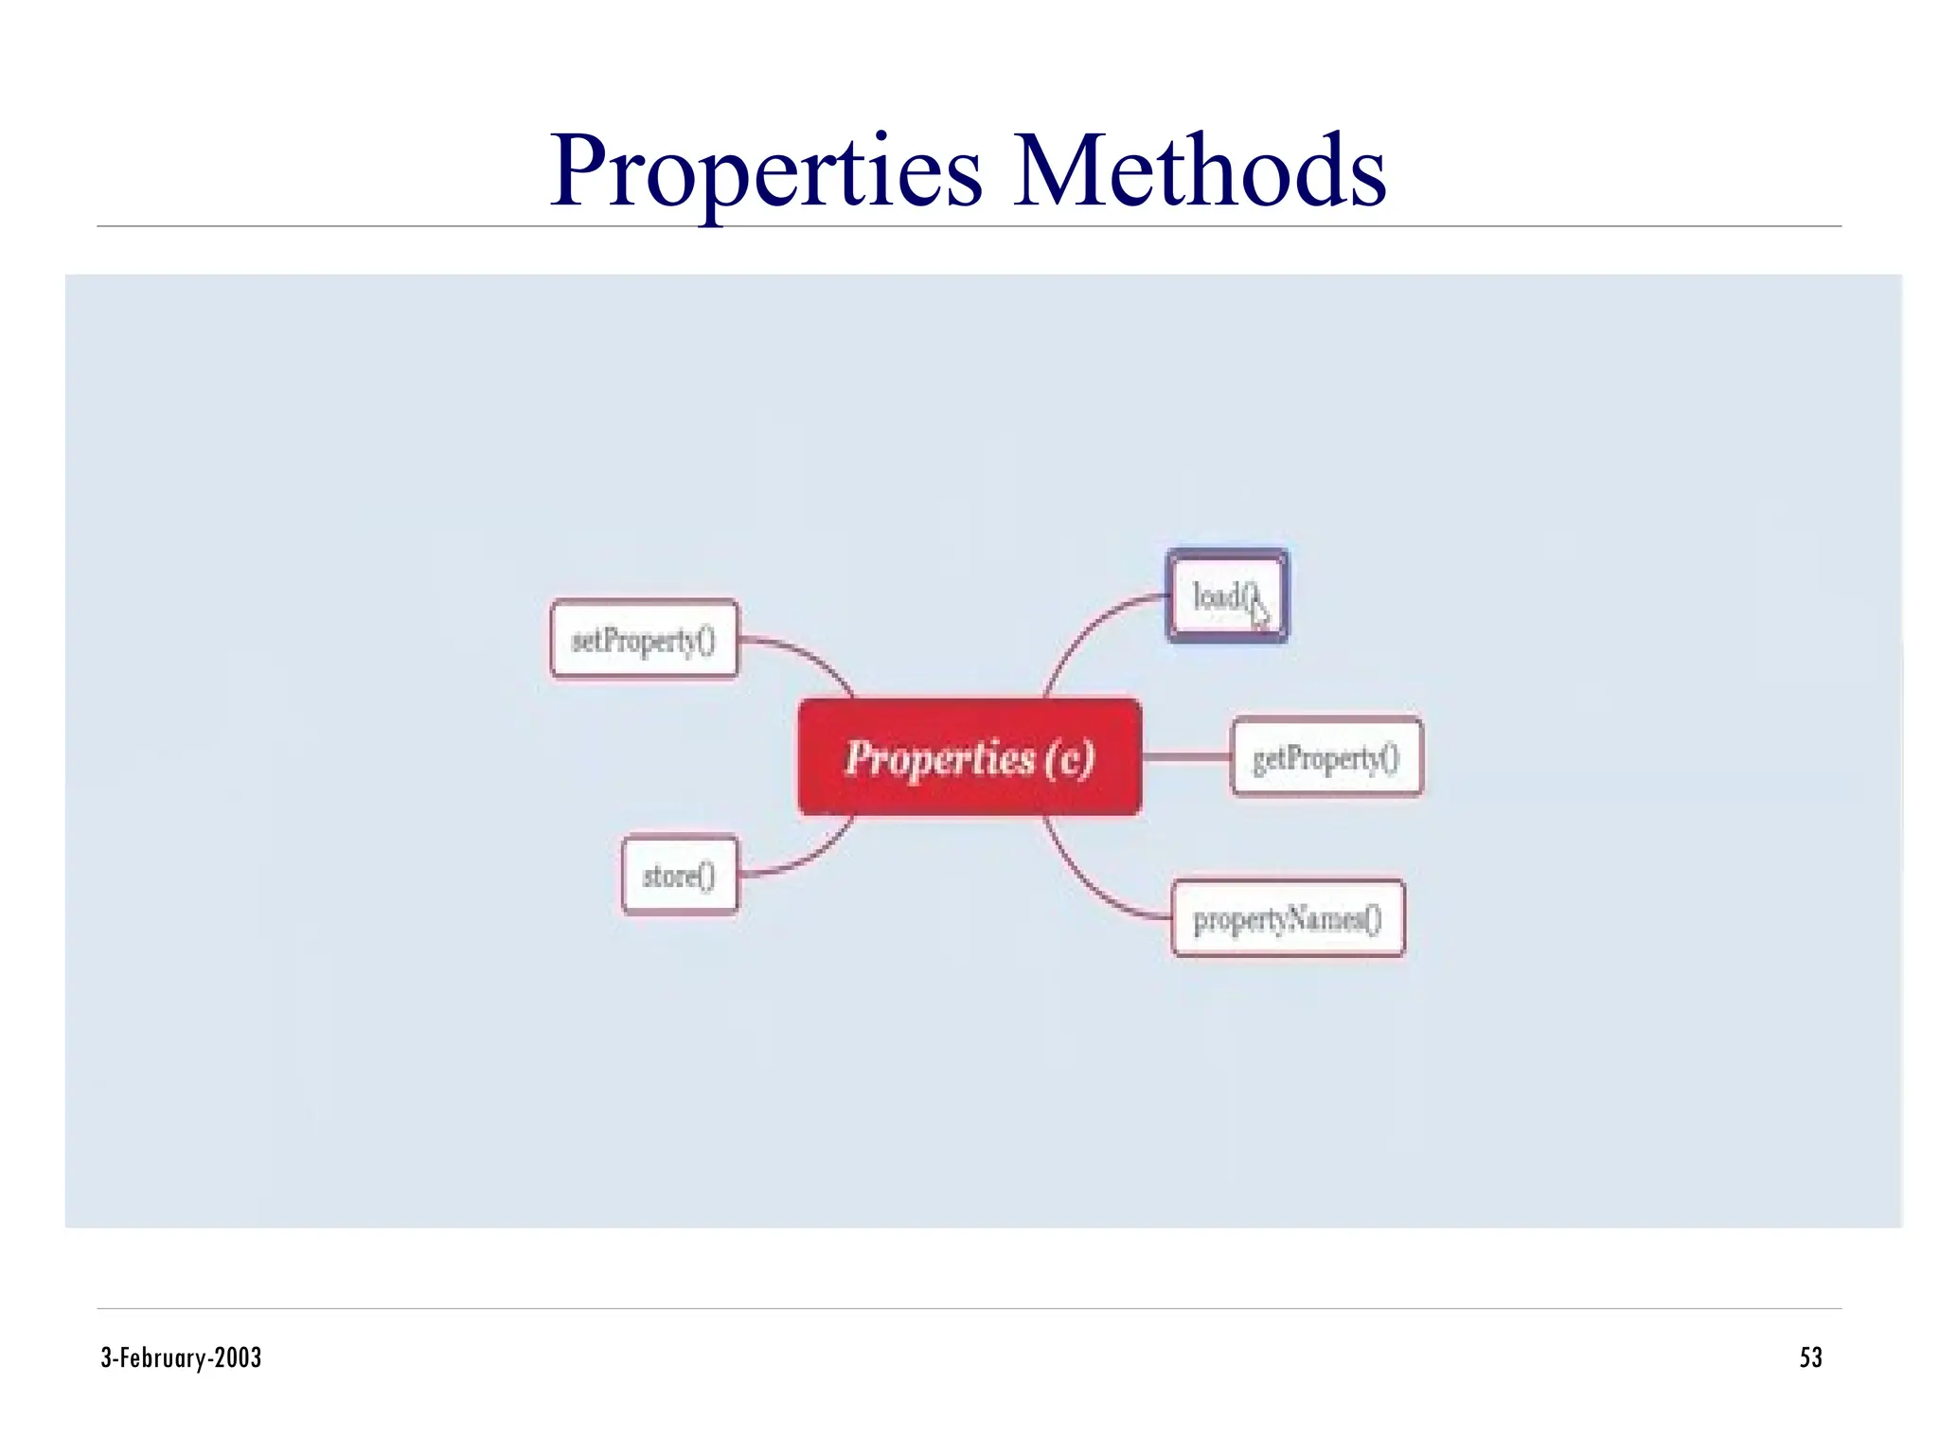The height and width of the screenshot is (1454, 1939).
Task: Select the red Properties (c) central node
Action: pos(969,756)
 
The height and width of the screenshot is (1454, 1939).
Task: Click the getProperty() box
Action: pos(1325,757)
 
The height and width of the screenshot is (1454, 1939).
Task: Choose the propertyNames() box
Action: pos(1287,918)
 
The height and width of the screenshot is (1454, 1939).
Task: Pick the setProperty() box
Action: pos(643,640)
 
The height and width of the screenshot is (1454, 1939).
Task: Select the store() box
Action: pos(679,876)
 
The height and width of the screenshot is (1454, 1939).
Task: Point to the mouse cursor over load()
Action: pos(1258,612)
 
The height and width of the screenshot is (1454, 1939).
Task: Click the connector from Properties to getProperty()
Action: pos(1185,756)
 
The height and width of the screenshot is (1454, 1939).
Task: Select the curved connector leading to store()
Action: pos(805,858)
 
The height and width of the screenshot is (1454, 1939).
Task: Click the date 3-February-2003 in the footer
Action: pos(181,1357)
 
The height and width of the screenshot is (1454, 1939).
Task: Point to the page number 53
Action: pos(1809,1357)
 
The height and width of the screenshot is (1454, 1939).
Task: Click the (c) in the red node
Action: pos(1070,758)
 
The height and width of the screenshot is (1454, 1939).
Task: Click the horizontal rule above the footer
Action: pos(969,1308)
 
